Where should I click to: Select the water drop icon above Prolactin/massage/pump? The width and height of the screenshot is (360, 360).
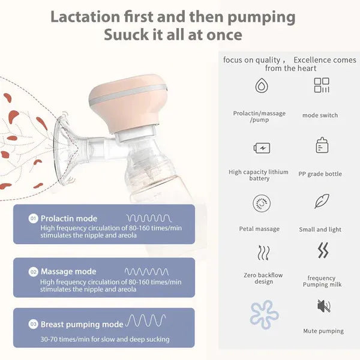pos(261,86)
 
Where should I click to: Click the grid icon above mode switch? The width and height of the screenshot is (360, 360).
pos(322,85)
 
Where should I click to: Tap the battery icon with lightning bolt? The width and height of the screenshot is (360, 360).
pos(262,148)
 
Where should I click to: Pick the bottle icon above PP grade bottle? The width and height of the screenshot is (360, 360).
pos(322,146)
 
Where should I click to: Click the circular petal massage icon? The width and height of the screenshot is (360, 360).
pos(261,203)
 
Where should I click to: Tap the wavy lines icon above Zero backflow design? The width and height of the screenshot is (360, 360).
pos(263,253)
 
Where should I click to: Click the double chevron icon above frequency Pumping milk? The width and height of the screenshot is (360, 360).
pos(323,251)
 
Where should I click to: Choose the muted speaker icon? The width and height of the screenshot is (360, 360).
pos(323,306)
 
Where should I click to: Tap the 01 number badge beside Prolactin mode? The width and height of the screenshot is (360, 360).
pos(34,218)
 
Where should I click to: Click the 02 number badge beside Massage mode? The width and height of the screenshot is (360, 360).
pos(34,272)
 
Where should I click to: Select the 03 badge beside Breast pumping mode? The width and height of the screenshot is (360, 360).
pos(34,324)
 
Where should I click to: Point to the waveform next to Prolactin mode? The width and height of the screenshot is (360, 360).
pos(148,218)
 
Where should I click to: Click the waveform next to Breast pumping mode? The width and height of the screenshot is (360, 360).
pos(146,321)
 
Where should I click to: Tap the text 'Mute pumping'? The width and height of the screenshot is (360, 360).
pos(323,331)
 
